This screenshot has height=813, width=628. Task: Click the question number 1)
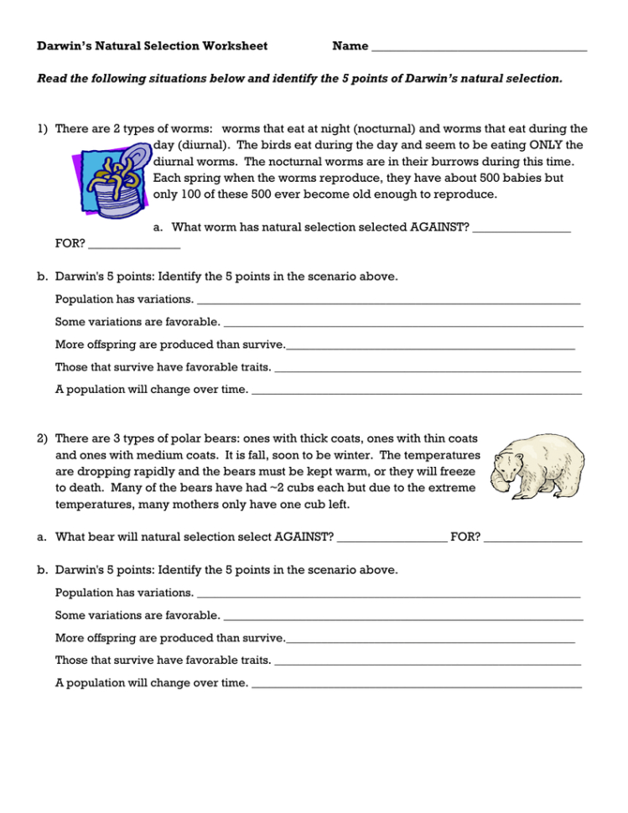[42, 129]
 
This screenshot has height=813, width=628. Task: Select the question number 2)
[42, 438]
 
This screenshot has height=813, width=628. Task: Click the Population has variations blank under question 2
[387, 594]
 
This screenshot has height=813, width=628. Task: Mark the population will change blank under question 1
[417, 391]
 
